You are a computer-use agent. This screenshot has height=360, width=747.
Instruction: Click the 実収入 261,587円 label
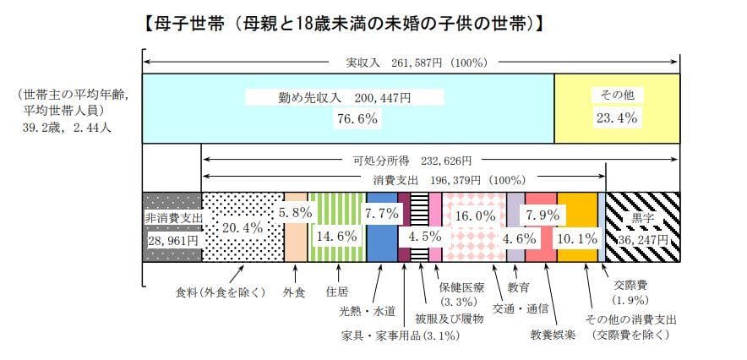coord(411,62)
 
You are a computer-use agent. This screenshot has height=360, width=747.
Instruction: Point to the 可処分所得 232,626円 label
coord(412,160)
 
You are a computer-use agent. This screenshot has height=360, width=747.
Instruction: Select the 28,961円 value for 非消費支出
coord(172,240)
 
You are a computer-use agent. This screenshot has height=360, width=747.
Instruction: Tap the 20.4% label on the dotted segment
coord(243,227)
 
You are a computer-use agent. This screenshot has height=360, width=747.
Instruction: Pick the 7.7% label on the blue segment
coord(380,213)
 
